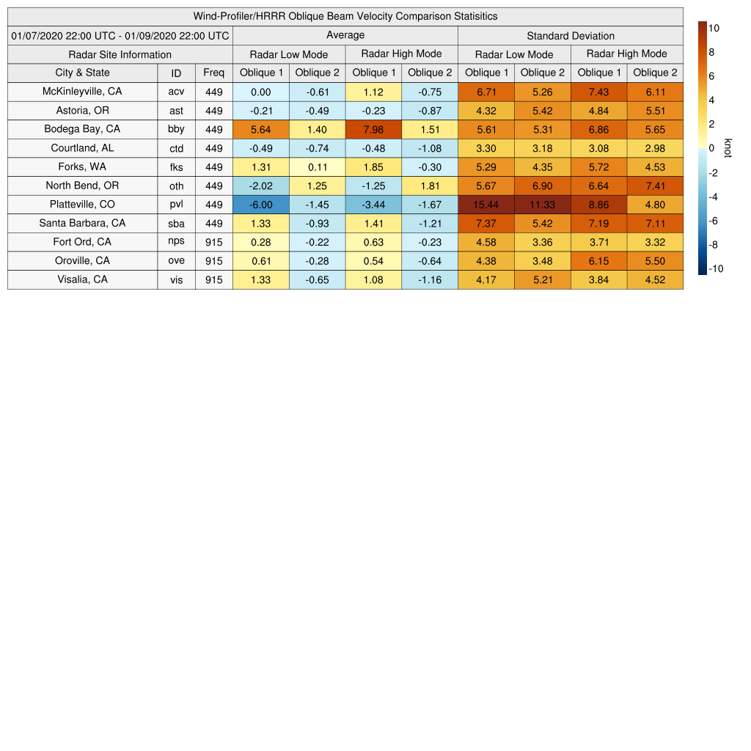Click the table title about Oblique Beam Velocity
pos(345,16)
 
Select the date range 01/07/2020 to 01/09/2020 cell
pos(120,35)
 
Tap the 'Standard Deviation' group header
pos(571,35)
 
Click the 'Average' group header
pos(345,35)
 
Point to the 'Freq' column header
pos(214,73)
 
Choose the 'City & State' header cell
pos(82,73)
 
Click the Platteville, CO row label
pos(82,205)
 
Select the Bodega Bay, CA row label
pos(82,129)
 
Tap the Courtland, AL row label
pos(82,148)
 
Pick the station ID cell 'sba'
pos(176,224)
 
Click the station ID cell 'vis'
pos(176,280)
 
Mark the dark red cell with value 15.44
pos(486,205)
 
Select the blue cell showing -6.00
pos(261,205)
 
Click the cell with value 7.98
pos(373,129)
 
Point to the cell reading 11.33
pos(543,205)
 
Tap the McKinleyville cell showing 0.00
pos(261,92)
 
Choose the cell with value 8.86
pos(598,205)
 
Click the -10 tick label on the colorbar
pos(717,268)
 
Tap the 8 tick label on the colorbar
pos(712,52)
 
